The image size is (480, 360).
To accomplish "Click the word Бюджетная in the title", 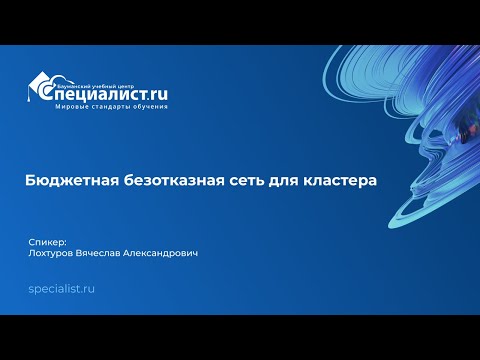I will tap(58, 181).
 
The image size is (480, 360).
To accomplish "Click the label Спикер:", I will tap(48, 241).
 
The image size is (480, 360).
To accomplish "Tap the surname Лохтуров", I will tap(56, 253).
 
